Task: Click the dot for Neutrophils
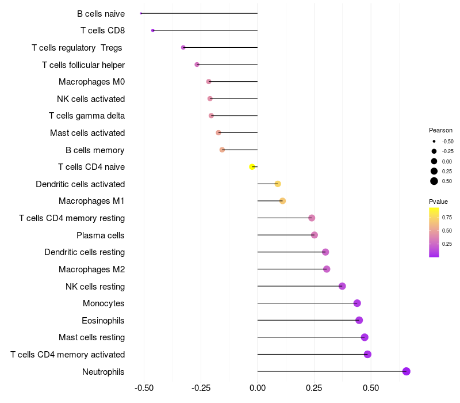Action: tap(406, 371)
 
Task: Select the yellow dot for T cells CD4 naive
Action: tap(252, 167)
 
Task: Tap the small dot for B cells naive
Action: tap(141, 13)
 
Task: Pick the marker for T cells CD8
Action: tap(152, 31)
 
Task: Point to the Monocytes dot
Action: tap(357, 303)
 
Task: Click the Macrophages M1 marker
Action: tap(282, 201)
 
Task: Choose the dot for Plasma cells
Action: tap(314, 235)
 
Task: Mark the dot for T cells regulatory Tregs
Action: tap(183, 47)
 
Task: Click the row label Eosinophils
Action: tap(103, 321)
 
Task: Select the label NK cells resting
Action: tap(95, 286)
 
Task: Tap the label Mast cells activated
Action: tap(87, 133)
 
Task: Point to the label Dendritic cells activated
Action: tap(80, 184)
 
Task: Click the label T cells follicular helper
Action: tap(83, 64)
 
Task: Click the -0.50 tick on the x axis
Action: tap(144, 388)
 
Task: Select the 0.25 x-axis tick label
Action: tap(314, 388)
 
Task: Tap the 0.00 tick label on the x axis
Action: tap(257, 388)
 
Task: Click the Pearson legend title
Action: tap(440, 130)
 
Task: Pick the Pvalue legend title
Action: tap(438, 201)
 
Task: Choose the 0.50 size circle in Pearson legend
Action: tap(434, 181)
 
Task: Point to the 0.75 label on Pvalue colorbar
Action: tap(447, 217)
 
